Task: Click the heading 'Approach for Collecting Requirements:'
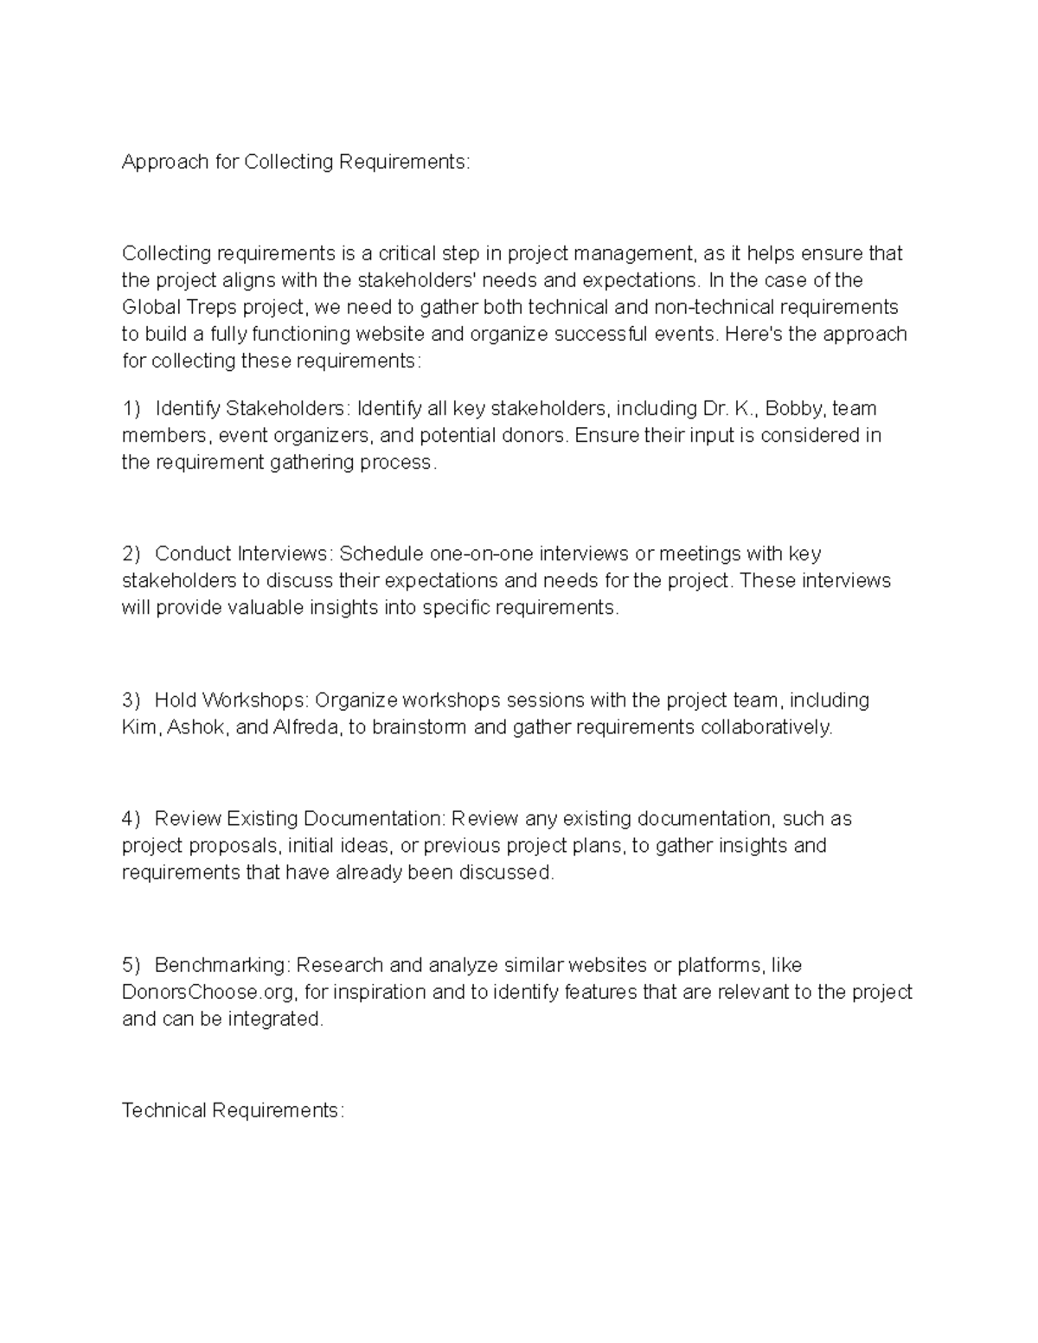[296, 162]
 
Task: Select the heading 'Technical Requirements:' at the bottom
[233, 1110]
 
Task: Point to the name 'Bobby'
[795, 407]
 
